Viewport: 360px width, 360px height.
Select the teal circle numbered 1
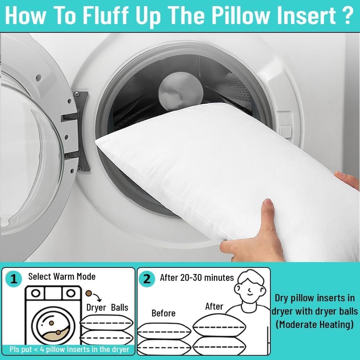tap(14, 279)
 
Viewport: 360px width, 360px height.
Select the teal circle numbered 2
tap(147, 279)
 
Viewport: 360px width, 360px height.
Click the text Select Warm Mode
tap(62, 276)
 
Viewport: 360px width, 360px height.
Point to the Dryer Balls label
tap(107, 307)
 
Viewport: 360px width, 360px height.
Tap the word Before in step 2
tap(163, 313)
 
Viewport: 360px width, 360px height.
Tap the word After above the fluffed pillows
tap(214, 306)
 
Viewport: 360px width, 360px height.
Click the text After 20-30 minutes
tap(197, 278)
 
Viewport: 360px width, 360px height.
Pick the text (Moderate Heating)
tap(315, 325)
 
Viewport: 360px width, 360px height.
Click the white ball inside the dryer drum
tap(181, 91)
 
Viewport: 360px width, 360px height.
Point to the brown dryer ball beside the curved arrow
tap(89, 293)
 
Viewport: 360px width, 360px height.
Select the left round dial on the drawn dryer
tap(35, 293)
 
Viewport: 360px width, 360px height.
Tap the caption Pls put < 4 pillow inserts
tap(69, 350)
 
